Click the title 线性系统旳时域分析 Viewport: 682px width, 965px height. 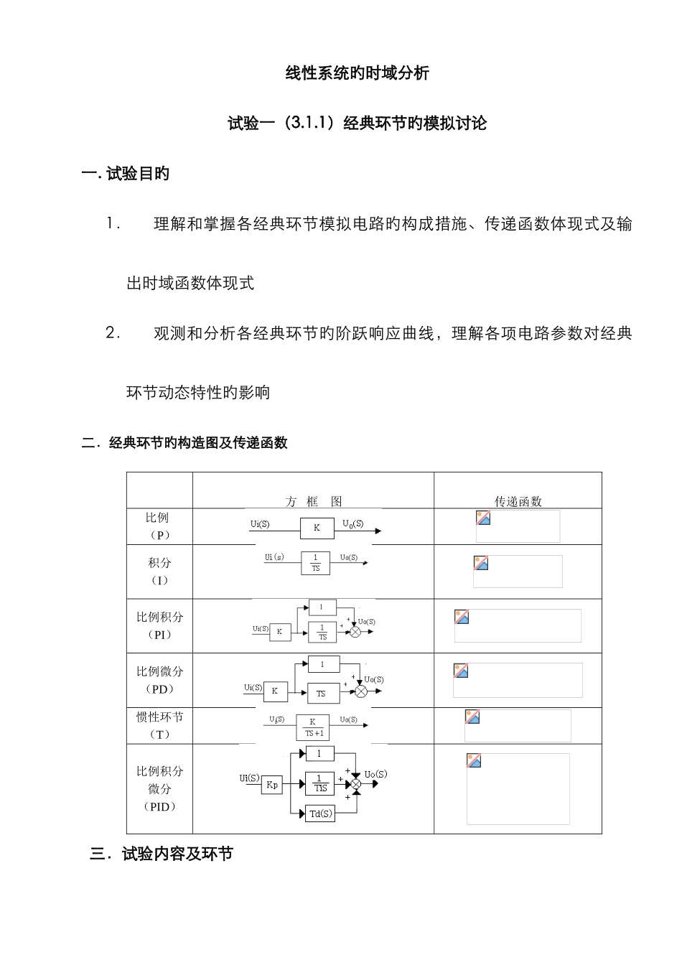[357, 73]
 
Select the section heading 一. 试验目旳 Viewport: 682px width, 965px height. [126, 174]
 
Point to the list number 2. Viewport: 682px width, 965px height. [112, 332]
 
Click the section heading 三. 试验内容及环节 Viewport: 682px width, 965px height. [162, 854]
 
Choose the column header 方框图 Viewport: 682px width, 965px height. [313, 501]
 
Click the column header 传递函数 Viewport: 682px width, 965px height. [518, 501]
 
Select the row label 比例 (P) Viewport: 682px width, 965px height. [158, 526]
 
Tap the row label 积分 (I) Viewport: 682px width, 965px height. [159, 571]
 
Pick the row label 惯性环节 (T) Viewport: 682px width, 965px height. [159, 725]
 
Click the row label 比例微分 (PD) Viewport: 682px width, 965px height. [159, 680]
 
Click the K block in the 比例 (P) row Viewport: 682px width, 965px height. [317, 528]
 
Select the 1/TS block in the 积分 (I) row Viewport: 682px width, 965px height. [316, 562]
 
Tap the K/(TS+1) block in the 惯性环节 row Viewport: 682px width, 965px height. [312, 727]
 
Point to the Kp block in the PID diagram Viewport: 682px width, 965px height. [272, 785]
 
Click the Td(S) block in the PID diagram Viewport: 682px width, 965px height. [320, 814]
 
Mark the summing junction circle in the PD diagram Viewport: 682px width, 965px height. [362, 691]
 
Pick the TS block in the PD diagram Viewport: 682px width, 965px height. [320, 693]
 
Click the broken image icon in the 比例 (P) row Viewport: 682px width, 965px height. [483, 518]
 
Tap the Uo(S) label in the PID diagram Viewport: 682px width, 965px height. [375, 774]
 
